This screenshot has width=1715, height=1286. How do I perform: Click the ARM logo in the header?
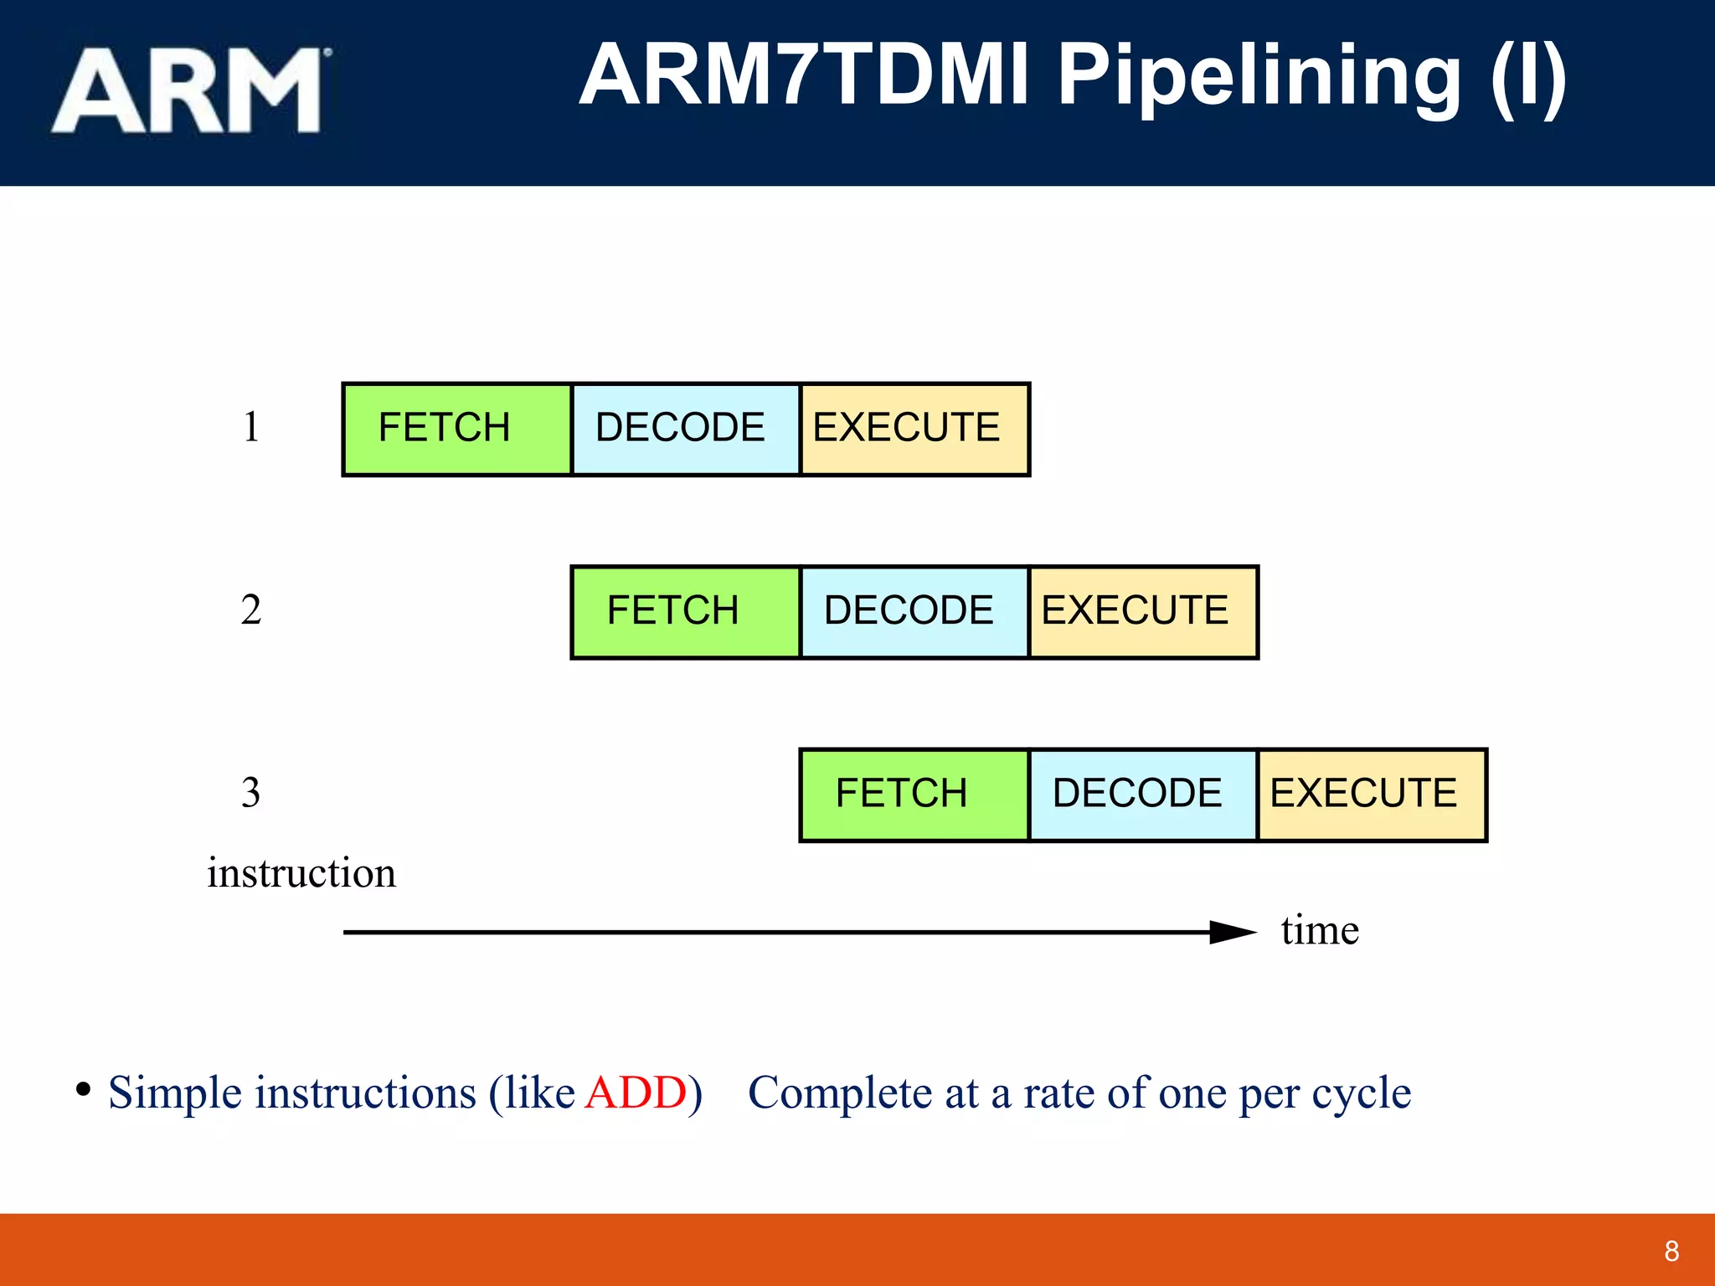(x=191, y=90)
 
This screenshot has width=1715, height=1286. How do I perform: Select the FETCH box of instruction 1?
(x=456, y=429)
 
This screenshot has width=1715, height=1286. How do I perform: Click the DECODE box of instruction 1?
(x=685, y=429)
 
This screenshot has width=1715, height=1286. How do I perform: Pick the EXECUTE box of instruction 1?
(x=914, y=429)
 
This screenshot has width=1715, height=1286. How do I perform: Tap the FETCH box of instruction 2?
(x=685, y=611)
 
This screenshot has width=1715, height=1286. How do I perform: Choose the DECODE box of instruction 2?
(x=914, y=611)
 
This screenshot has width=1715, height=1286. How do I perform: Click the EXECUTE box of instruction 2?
(x=1142, y=611)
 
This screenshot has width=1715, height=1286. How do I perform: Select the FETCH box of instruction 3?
(x=914, y=794)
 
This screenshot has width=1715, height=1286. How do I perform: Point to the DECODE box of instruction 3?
(x=1142, y=794)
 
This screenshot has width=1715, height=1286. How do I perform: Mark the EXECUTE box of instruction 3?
(x=1371, y=794)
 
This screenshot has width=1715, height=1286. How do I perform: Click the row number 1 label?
(x=251, y=427)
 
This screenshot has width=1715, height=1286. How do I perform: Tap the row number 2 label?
(x=251, y=610)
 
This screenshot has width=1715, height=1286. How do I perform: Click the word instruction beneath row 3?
(x=301, y=873)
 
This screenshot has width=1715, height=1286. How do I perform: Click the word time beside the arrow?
(x=1320, y=930)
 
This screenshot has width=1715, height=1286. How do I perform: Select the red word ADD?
(x=636, y=1093)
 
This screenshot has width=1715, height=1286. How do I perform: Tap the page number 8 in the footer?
(x=1671, y=1251)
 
